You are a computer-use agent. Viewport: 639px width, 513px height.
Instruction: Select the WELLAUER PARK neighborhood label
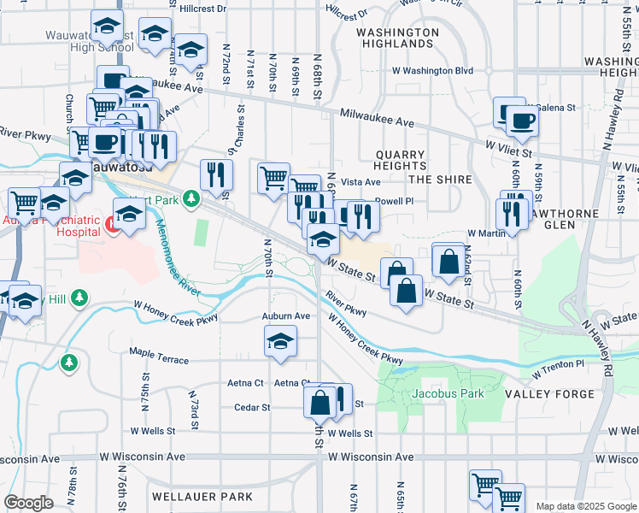[x=202, y=497]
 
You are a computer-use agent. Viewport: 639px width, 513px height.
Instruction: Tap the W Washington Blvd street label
[x=432, y=72]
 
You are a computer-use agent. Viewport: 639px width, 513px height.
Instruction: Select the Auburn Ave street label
[x=285, y=316]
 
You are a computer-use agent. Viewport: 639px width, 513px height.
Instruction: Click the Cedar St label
[x=252, y=408]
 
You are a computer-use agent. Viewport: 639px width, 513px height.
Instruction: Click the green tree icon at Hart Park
[x=192, y=199]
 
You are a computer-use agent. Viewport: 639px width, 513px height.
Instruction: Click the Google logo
[x=28, y=503]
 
